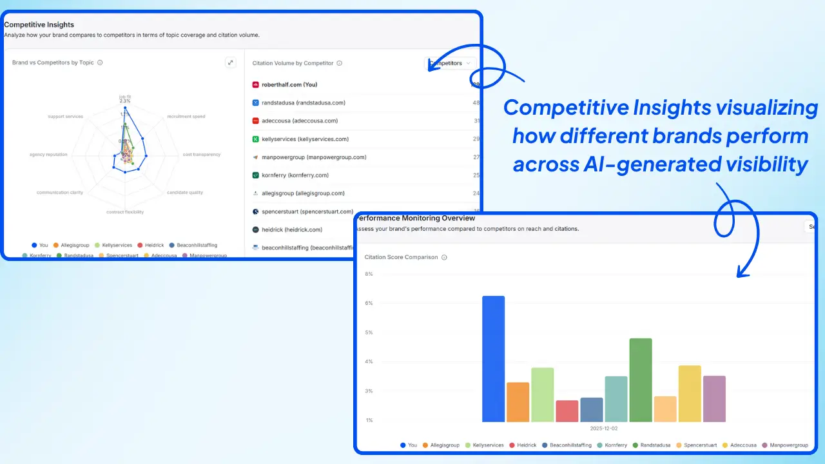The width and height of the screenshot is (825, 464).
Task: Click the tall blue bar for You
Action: click(x=493, y=359)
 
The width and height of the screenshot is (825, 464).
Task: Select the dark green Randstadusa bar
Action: click(x=641, y=380)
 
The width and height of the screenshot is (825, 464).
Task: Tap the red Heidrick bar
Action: click(x=567, y=411)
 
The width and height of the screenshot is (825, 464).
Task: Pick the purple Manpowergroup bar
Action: click(x=714, y=399)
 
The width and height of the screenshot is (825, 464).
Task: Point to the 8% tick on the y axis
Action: click(x=369, y=274)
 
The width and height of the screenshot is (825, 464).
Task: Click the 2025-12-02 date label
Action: click(x=604, y=428)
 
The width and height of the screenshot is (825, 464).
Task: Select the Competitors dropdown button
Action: click(x=452, y=63)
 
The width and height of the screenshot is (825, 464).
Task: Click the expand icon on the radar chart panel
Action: click(x=231, y=63)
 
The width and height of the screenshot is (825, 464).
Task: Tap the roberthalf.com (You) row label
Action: click(x=289, y=84)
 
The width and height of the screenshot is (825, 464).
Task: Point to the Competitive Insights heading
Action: click(x=39, y=24)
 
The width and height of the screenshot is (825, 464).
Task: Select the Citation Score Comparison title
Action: click(x=401, y=257)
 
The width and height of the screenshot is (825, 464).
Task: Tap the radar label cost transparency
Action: click(x=201, y=155)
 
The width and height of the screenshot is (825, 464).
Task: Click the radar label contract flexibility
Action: click(x=125, y=212)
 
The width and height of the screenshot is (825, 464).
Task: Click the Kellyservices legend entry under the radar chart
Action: click(x=117, y=246)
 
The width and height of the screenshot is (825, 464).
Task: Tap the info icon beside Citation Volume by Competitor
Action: click(x=339, y=63)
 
